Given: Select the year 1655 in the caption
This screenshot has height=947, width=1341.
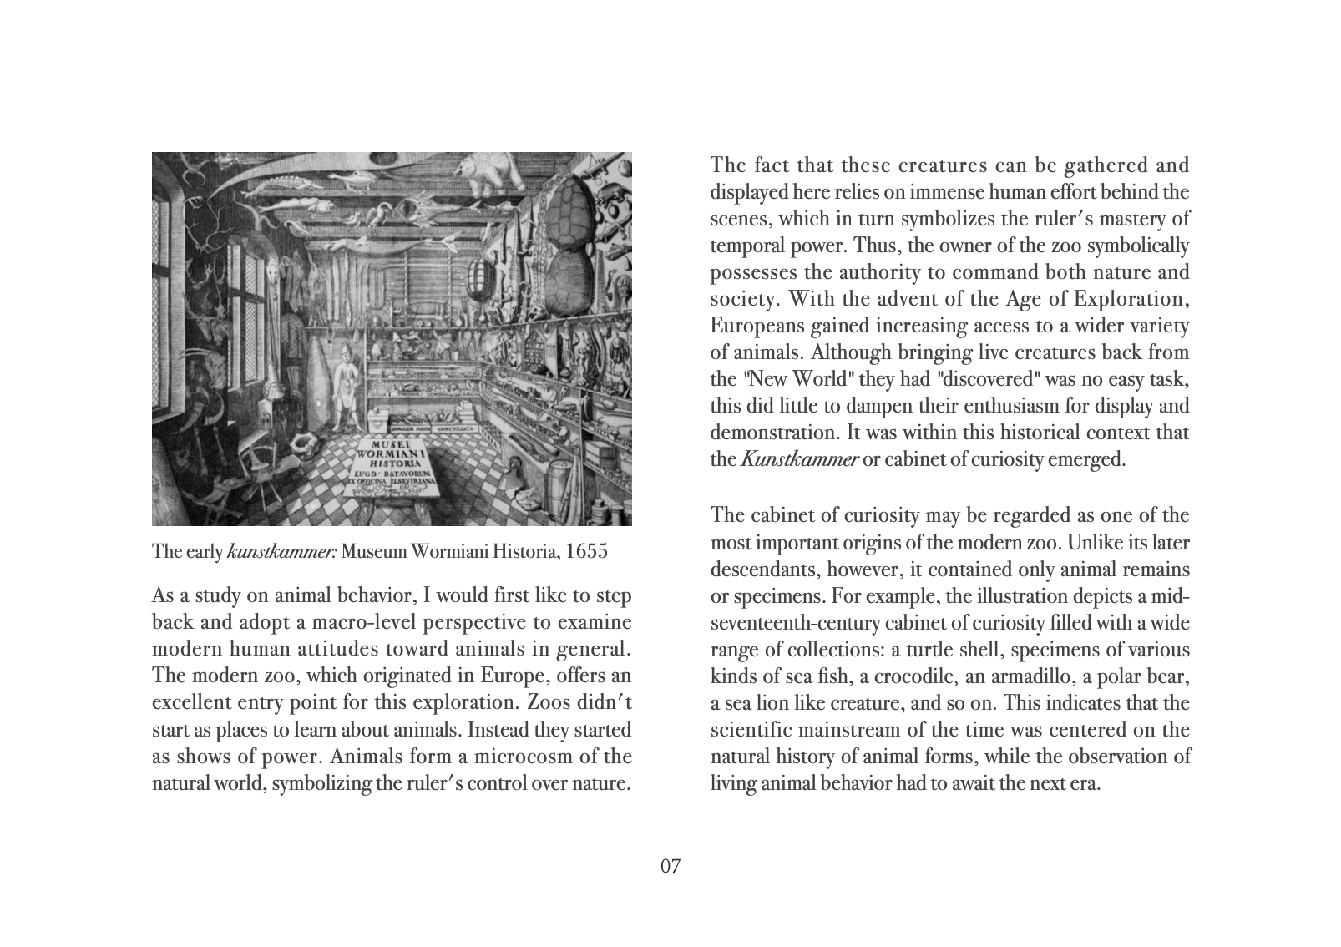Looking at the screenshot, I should pos(587,553).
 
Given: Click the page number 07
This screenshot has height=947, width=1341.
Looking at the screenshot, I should pos(670,866).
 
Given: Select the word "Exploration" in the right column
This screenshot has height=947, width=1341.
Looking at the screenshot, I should pos(1137,299).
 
